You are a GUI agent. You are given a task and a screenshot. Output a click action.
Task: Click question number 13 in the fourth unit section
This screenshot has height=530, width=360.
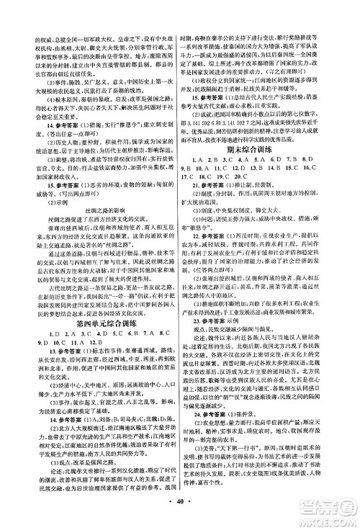point(29,362)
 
